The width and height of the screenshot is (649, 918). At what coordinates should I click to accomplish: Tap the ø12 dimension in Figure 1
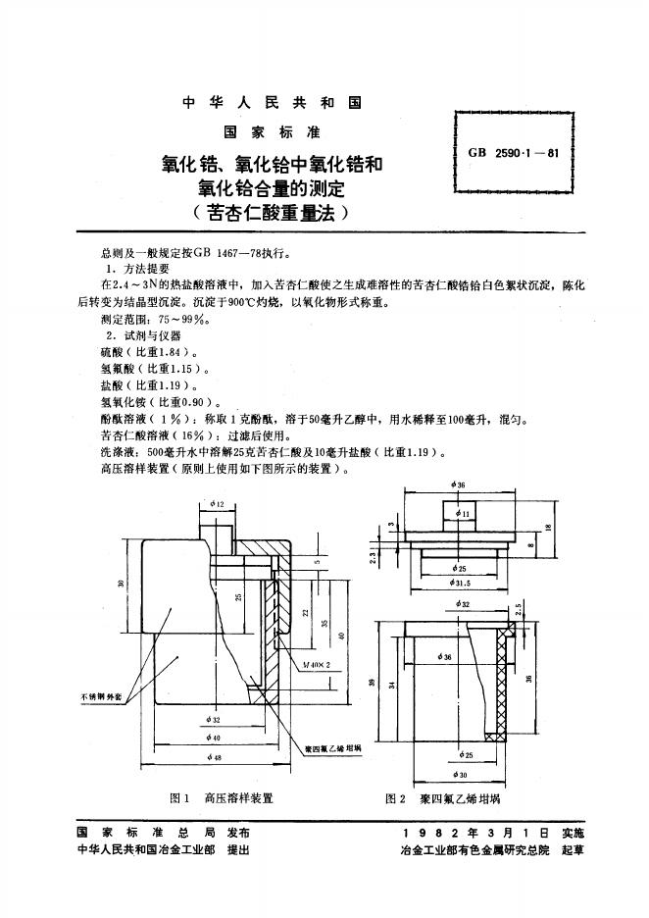(x=216, y=504)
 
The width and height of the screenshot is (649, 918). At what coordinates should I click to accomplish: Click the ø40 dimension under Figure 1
(x=215, y=739)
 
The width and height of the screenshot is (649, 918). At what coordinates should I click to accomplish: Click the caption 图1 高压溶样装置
(x=221, y=798)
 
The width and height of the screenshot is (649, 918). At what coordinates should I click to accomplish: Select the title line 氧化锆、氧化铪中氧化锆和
(x=273, y=163)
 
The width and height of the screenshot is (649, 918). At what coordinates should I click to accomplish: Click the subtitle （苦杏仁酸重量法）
(x=273, y=209)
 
